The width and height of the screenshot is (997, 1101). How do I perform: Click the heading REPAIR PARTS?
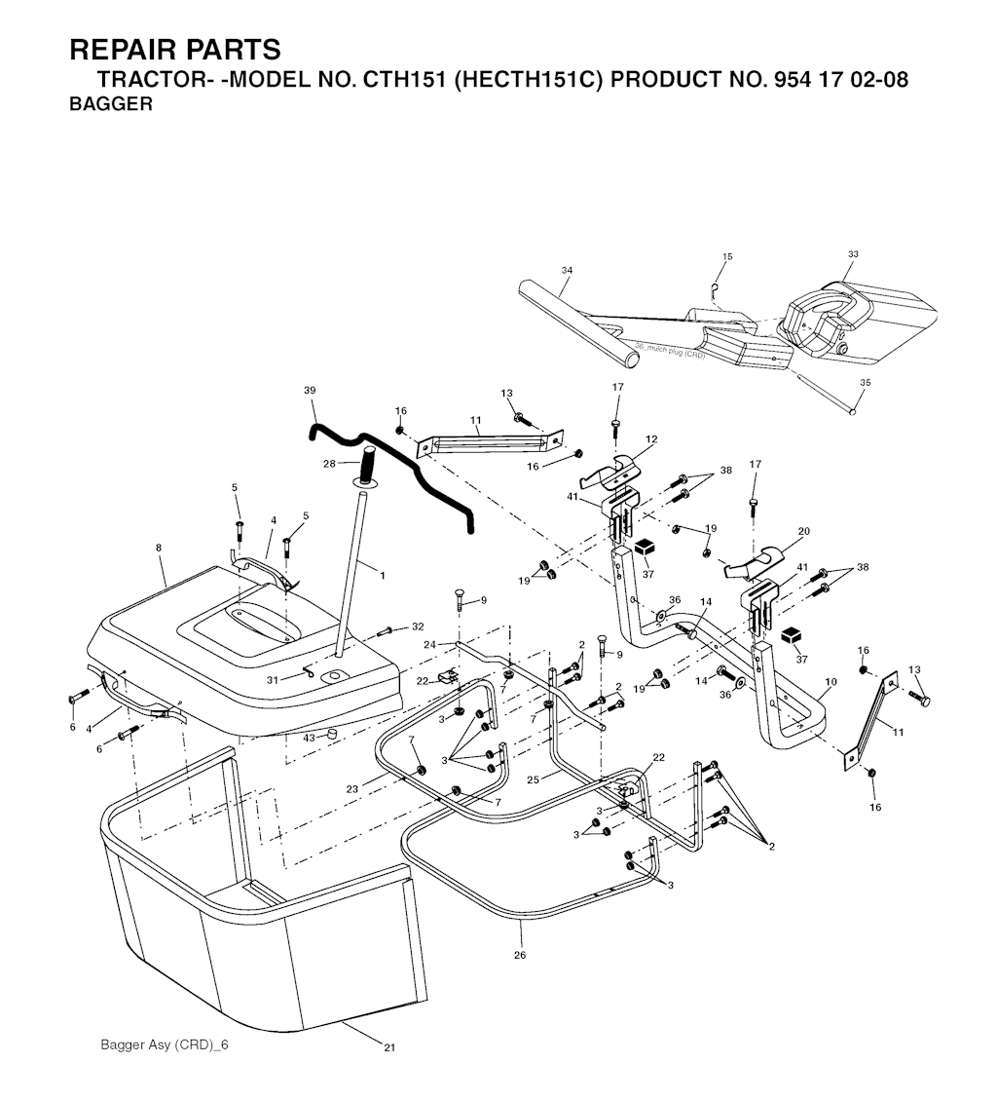click(x=174, y=50)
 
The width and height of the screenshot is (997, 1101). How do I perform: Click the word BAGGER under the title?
click(x=111, y=104)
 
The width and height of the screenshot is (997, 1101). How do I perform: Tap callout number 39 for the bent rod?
click(x=310, y=391)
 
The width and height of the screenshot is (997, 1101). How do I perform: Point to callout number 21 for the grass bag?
click(x=389, y=1047)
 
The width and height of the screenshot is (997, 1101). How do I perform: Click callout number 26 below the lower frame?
click(x=520, y=955)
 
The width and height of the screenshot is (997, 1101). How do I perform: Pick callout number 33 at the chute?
click(x=853, y=254)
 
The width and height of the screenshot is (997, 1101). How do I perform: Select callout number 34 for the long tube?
click(x=567, y=270)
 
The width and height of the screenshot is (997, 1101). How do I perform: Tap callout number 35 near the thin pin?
click(x=866, y=383)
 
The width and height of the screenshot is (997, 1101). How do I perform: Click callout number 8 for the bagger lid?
click(x=159, y=547)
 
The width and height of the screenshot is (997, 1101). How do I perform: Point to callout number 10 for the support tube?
click(x=831, y=682)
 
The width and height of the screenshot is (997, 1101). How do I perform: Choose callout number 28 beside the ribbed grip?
click(x=329, y=464)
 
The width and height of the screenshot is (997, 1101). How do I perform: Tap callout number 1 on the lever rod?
click(x=383, y=576)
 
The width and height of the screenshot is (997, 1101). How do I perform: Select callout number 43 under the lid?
click(x=309, y=738)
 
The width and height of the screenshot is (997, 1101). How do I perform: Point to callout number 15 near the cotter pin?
click(x=727, y=256)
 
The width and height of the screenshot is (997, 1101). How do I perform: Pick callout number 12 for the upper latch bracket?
click(x=651, y=439)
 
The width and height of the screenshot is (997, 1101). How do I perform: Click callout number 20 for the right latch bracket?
click(x=804, y=531)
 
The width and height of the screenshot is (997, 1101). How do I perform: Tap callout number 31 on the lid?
click(x=273, y=680)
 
